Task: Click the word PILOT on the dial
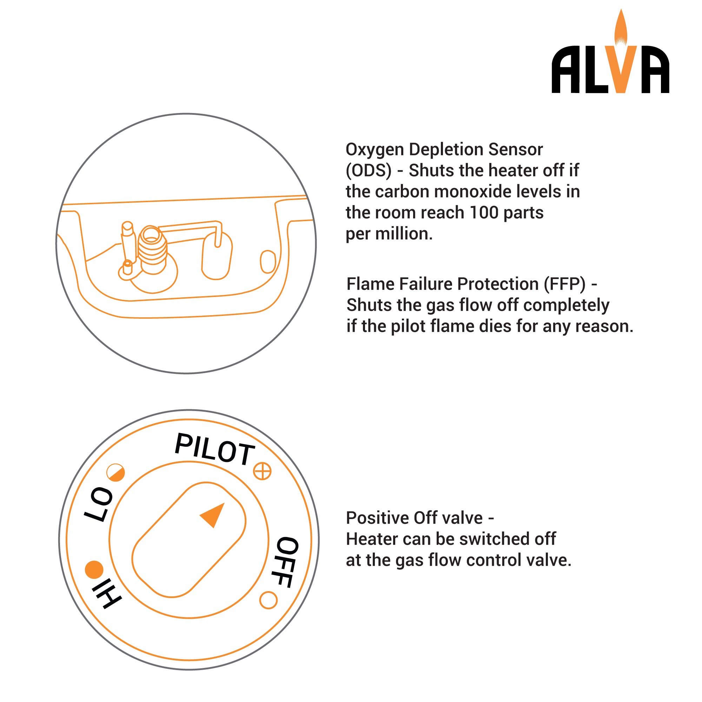215,449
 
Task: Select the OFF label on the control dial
287,562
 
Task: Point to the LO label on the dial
99,504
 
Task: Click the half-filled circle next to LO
115,473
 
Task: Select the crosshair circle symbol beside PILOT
262,471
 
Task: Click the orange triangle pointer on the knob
214,514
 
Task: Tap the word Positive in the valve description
377,518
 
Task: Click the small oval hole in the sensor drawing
268,261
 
